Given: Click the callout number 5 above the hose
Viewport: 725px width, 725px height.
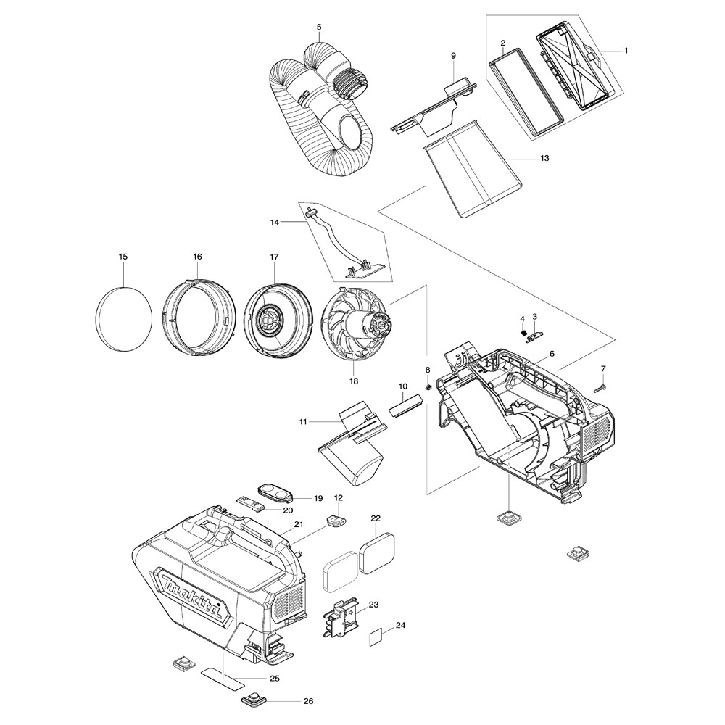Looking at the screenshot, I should pos(319,28).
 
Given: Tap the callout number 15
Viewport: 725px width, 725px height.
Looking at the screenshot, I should pos(123,257).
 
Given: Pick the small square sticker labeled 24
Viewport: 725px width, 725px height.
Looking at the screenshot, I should pos(376,636).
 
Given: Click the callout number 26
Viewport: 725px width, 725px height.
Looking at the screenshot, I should pos(308,701).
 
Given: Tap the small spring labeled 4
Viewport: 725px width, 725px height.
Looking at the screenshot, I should pos(523,331).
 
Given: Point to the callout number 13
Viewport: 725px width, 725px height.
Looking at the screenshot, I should pos(544,157).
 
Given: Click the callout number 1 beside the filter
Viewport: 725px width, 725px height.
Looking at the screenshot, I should pos(626,50).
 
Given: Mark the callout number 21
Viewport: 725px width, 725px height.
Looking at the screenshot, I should pos(298,523).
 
